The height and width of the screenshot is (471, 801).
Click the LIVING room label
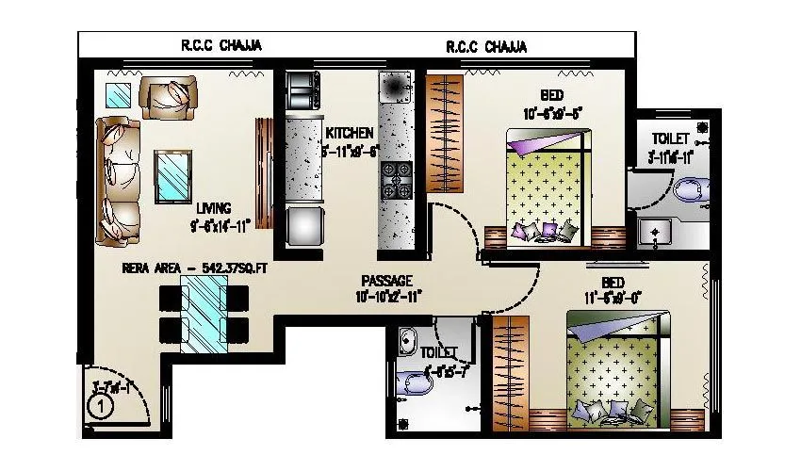pyautogui.click(x=214, y=208)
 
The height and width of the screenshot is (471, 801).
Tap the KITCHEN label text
pyautogui.click(x=350, y=133)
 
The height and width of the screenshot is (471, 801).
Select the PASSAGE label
pyautogui.click(x=387, y=281)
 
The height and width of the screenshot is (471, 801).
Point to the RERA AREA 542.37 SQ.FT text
pyautogui.click(x=195, y=268)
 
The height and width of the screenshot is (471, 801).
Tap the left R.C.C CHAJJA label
pyautogui.click(x=221, y=44)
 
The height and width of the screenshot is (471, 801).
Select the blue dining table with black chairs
pyautogui.click(x=204, y=312)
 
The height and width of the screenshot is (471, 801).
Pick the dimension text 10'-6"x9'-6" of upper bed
pyautogui.click(x=553, y=114)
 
